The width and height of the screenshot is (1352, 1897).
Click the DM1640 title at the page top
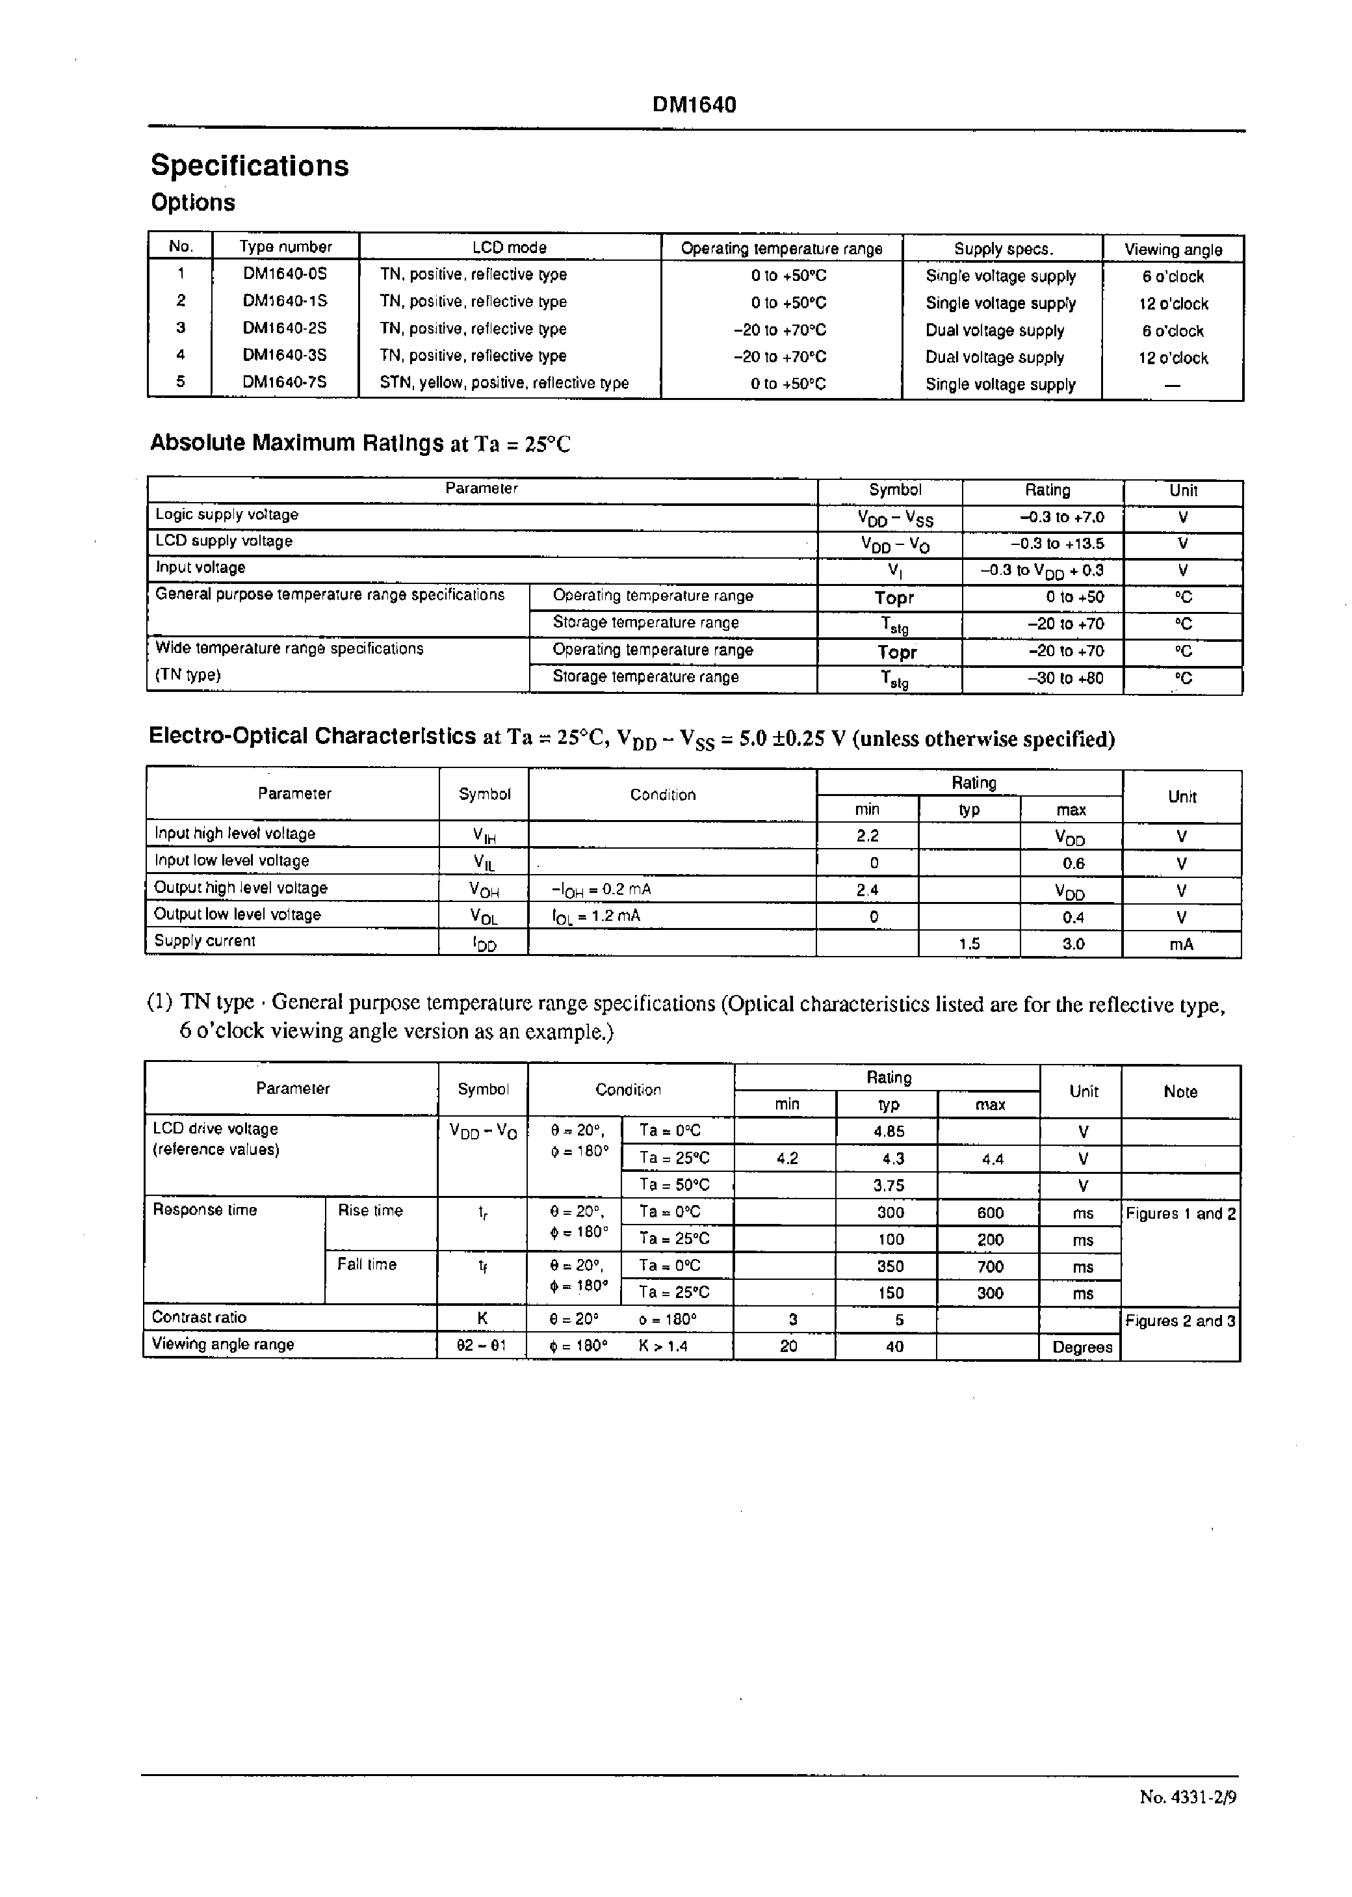click(694, 105)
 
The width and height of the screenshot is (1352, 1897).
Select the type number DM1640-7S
click(285, 382)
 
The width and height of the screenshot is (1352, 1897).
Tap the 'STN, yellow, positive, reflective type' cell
click(504, 383)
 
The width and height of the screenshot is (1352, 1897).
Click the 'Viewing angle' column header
click(1173, 249)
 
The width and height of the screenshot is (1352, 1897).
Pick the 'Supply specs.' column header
click(1003, 248)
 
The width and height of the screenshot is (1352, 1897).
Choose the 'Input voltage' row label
click(201, 568)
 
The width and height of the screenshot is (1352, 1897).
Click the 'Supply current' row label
click(205, 941)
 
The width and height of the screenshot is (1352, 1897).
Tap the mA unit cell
click(1181, 944)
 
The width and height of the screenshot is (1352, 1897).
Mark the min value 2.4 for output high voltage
click(868, 890)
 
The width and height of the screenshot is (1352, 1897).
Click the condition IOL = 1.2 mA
click(596, 916)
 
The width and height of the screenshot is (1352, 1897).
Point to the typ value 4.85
click(889, 1131)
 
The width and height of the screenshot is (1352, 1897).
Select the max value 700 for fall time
click(990, 1266)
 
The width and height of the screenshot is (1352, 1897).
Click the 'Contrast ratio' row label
click(200, 1318)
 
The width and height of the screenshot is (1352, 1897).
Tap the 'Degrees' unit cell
click(1082, 1347)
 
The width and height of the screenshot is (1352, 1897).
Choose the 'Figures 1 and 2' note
click(1180, 1214)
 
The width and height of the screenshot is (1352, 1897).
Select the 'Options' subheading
click(193, 202)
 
